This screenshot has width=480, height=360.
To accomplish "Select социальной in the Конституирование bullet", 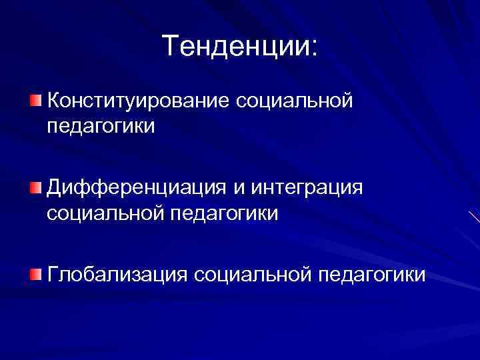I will [x=293, y=101].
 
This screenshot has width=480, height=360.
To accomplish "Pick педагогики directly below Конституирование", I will [x=101, y=126].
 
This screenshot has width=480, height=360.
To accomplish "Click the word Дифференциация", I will [x=136, y=189].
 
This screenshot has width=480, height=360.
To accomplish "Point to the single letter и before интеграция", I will [x=239, y=190].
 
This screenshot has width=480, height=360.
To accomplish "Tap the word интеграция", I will [x=307, y=190].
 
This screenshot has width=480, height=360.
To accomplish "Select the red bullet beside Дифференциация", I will [x=35, y=189].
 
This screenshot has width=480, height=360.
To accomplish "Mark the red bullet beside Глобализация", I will [x=35, y=275].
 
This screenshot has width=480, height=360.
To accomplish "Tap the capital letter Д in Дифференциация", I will [x=55, y=189].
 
